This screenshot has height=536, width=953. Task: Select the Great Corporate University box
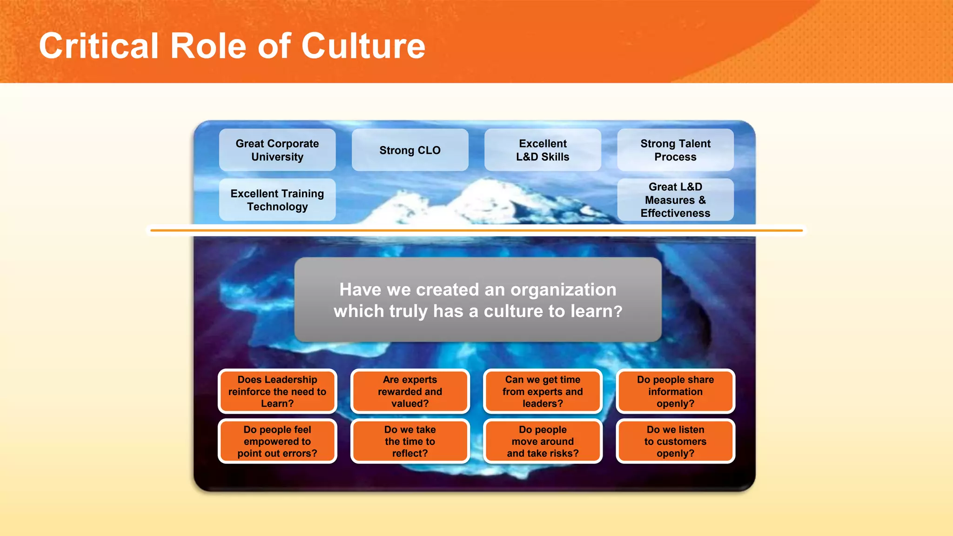tap(277, 150)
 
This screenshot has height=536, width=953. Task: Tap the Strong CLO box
tap(410, 150)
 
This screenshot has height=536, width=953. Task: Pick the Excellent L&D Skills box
tap(543, 150)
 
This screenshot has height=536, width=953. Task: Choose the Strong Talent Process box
tap(675, 150)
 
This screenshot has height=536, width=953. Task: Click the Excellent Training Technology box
tap(277, 200)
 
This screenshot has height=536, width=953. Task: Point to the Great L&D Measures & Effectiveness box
tap(675, 200)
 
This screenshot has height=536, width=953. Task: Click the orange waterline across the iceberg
tap(476, 230)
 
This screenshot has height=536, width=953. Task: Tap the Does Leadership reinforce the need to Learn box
tap(277, 392)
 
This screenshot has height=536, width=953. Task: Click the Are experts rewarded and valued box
tap(410, 392)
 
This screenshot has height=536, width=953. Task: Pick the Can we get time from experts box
tap(543, 392)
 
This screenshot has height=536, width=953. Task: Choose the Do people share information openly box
tap(675, 392)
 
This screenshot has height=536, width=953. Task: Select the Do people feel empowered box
tap(277, 442)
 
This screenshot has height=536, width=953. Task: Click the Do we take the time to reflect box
tap(410, 442)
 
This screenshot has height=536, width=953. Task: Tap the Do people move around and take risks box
tap(543, 442)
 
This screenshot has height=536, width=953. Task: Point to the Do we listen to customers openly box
tap(675, 442)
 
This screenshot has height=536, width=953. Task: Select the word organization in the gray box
tap(563, 290)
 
